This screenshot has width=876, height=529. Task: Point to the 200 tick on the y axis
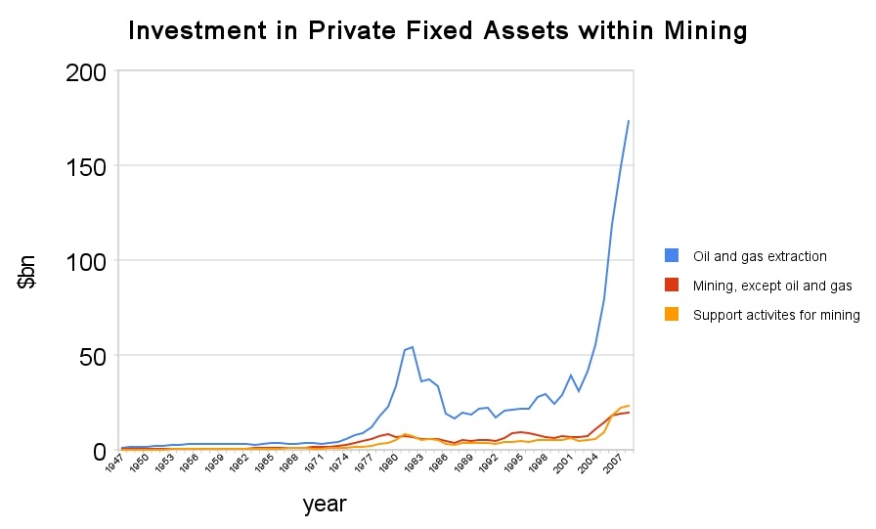coord(86,72)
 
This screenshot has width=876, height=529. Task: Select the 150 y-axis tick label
coord(86,167)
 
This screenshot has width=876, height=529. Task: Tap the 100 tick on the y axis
coord(86,261)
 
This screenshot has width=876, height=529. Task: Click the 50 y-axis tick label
coord(94,356)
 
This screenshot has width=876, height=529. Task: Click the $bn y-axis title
coord(28,270)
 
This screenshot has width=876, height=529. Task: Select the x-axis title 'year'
coord(325,505)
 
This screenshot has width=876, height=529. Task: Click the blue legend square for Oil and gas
coord(672,256)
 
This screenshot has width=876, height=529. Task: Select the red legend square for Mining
coord(672,286)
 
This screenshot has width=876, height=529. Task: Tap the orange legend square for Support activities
coord(672,315)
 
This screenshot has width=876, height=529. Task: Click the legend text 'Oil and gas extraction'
coord(760,256)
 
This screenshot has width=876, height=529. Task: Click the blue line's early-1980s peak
coord(413,347)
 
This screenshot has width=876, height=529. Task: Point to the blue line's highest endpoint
coord(629,121)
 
